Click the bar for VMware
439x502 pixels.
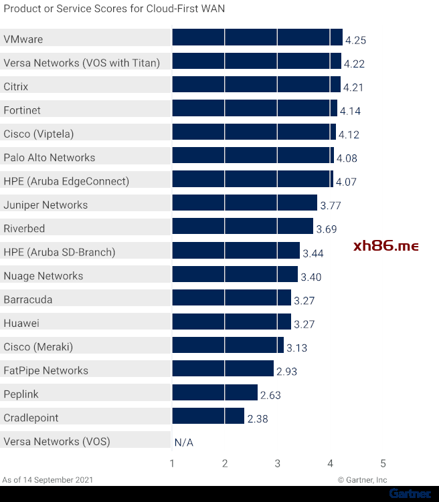click(x=257, y=37)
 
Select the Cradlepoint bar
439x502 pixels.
click(x=208, y=416)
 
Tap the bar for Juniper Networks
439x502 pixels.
click(x=244, y=203)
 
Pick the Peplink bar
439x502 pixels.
click(x=215, y=392)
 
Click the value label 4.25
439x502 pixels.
click(x=355, y=40)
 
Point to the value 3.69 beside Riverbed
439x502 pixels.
click(x=327, y=229)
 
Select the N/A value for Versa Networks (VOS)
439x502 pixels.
click(x=183, y=443)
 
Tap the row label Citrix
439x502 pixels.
click(x=16, y=86)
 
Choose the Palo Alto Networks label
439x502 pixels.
click(x=50, y=158)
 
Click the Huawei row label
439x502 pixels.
click(x=21, y=324)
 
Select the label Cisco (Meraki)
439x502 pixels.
click(x=38, y=347)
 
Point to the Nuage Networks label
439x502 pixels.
click(x=43, y=276)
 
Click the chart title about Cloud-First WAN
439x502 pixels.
click(x=114, y=9)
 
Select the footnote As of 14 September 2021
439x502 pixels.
click(x=48, y=480)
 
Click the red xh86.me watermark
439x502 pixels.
click(x=385, y=246)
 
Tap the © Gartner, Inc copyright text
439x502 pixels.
click(x=362, y=480)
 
